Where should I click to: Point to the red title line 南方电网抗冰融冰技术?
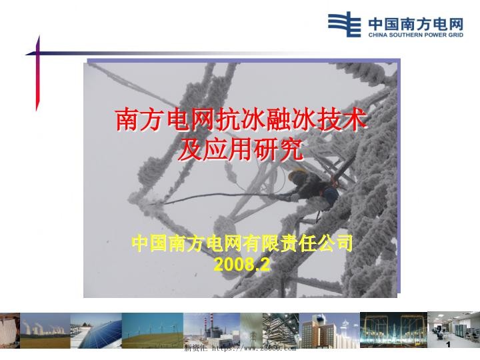tap(241, 121)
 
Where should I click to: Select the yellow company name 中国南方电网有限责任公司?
tap(241, 243)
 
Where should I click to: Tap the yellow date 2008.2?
tap(241, 265)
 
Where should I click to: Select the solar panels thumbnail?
tap(95, 331)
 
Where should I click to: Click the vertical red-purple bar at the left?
tap(38, 73)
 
